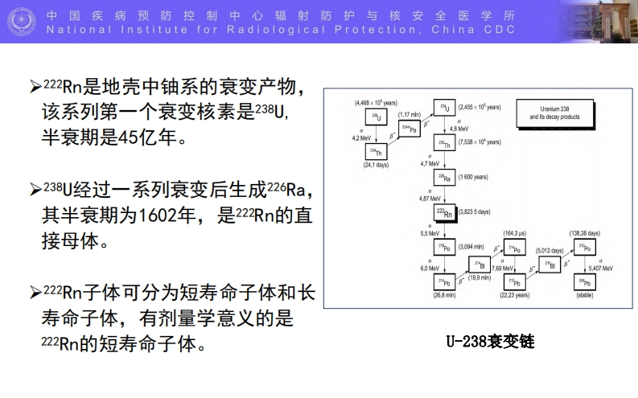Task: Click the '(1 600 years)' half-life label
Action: pos(475,176)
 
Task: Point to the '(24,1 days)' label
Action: pos(375,165)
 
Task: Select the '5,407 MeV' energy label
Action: pos(603,268)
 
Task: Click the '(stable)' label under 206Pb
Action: pos(585,295)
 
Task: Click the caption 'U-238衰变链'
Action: pos(490,342)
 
